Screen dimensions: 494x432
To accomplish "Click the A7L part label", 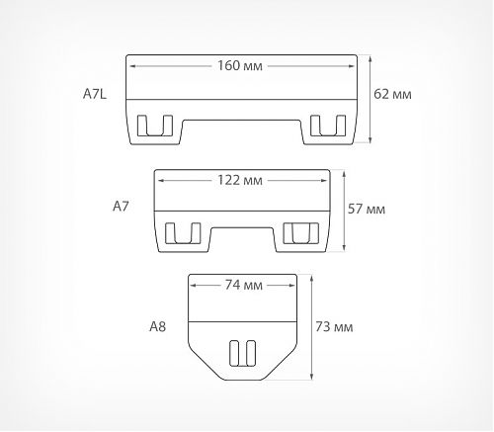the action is coord(95,94).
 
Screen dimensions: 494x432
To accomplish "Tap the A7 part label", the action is coord(121,207).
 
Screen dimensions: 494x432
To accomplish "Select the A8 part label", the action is coord(158,326).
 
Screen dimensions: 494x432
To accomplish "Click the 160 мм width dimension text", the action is coord(240,65).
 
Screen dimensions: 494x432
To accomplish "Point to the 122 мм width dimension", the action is coord(240,180).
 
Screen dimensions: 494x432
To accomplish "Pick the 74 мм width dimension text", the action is coord(244,285).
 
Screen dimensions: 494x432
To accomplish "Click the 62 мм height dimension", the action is coord(392,94).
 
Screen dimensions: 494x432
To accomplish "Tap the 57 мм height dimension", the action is coord(367,209).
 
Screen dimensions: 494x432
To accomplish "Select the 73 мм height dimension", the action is coord(334,327).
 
